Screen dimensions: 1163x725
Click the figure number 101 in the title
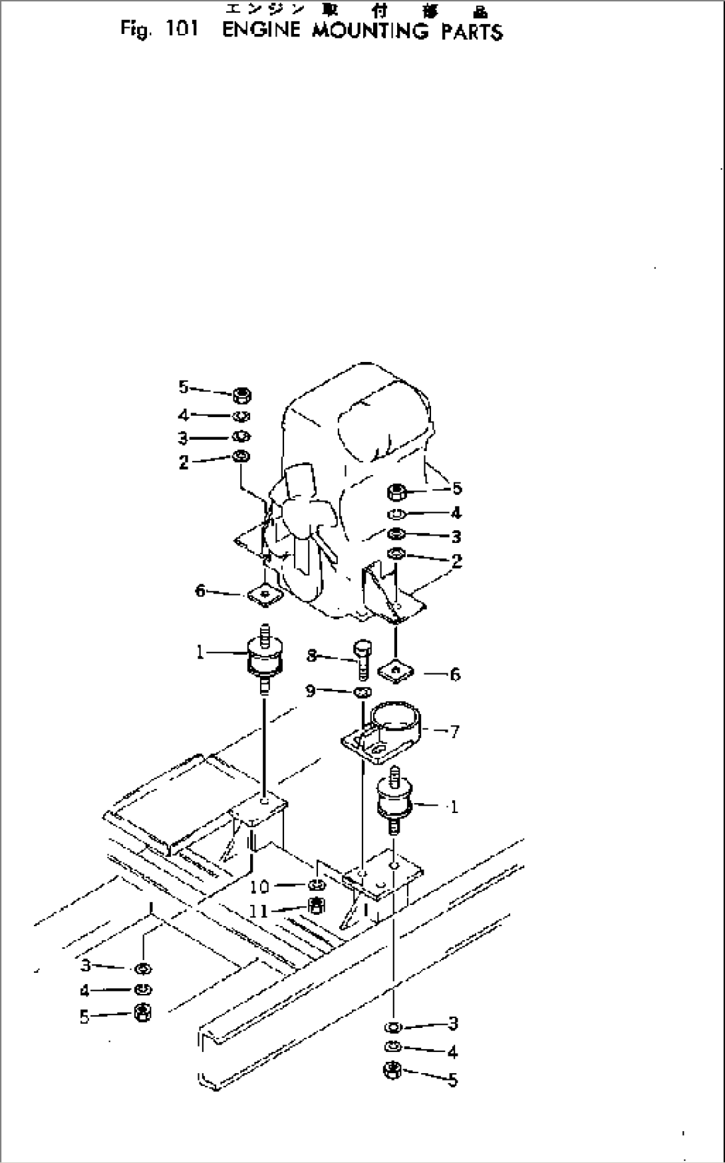click(x=178, y=30)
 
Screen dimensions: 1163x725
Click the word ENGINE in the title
click(x=261, y=31)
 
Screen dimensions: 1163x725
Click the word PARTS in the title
click(x=472, y=31)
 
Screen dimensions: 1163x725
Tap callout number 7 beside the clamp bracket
click(x=454, y=732)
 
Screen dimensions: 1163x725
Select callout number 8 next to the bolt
click(x=311, y=656)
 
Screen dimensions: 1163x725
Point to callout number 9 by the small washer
click(x=311, y=691)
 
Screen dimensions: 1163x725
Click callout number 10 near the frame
click(x=259, y=886)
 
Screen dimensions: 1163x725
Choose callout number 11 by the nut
click(x=259, y=911)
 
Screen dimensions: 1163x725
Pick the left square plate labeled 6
click(x=265, y=594)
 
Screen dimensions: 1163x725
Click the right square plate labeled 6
click(x=396, y=672)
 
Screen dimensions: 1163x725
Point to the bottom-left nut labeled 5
click(x=142, y=1013)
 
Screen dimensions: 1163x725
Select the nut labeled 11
click(x=318, y=906)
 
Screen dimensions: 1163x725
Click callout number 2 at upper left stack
click(x=184, y=462)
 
